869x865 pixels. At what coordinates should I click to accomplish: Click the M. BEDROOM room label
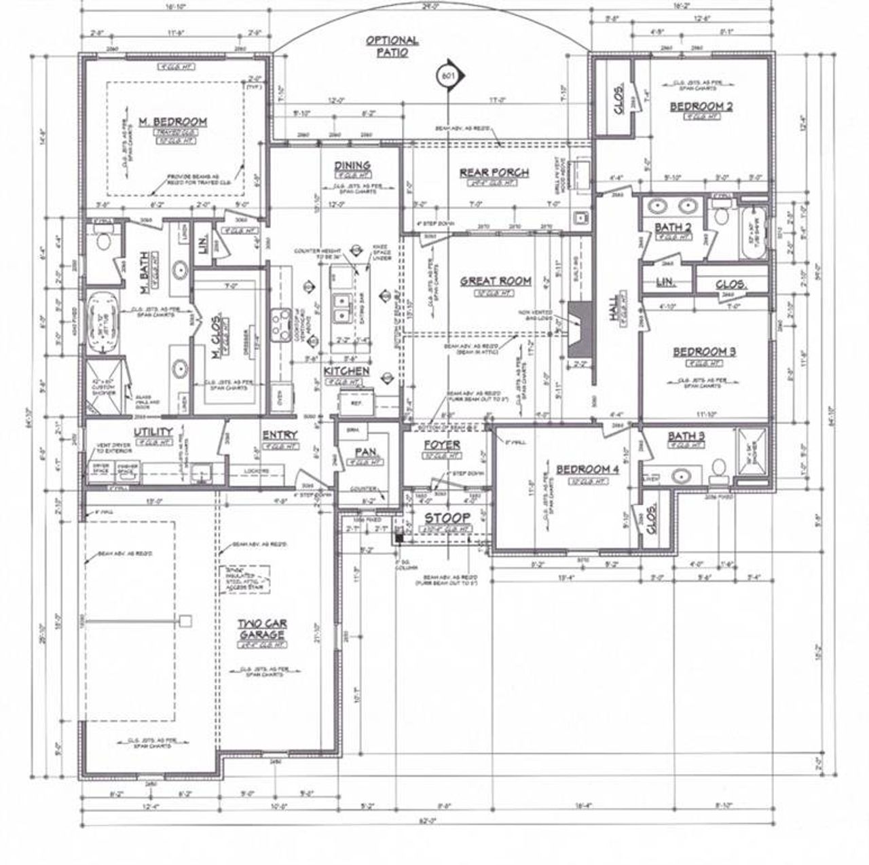point(172,122)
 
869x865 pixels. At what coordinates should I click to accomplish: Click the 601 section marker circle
point(447,75)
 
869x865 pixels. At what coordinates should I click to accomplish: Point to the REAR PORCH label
point(494,173)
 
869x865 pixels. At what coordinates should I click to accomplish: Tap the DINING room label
point(352,166)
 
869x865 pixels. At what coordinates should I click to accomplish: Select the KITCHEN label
point(346,371)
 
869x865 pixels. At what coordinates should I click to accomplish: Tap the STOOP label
point(447,519)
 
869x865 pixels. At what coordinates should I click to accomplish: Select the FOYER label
point(442,445)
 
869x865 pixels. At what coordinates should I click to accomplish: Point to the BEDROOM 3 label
point(704,352)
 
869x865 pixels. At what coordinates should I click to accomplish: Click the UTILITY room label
point(153,432)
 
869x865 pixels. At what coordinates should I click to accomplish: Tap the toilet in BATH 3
point(718,468)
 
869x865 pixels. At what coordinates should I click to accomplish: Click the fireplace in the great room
point(578,328)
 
